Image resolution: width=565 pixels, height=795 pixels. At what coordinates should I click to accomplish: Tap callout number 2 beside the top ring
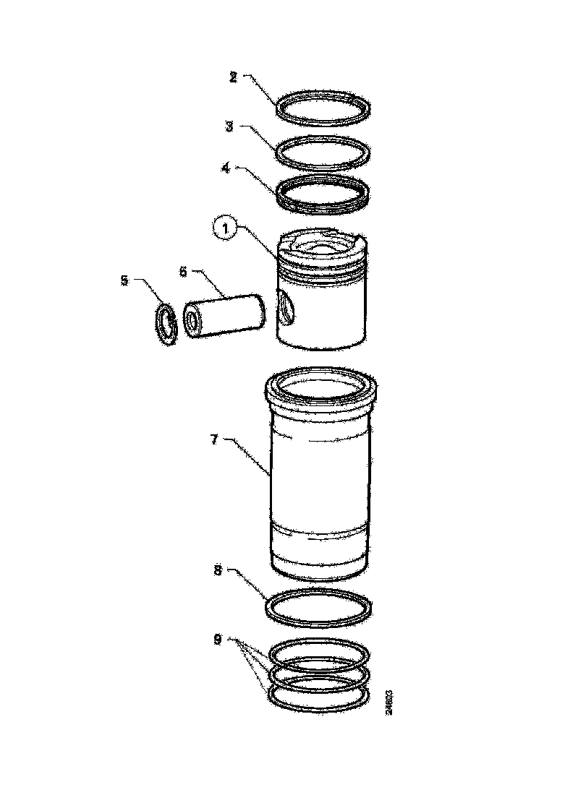pyautogui.click(x=233, y=77)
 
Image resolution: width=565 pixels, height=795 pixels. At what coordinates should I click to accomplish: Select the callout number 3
pyautogui.click(x=229, y=126)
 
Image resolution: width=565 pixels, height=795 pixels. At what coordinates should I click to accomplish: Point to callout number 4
pyautogui.click(x=226, y=168)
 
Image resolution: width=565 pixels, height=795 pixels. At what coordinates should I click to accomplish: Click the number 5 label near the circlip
pyautogui.click(x=124, y=279)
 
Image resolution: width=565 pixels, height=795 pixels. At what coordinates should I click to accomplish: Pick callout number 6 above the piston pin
pyautogui.click(x=183, y=271)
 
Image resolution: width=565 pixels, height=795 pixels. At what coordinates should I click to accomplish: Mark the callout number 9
pyautogui.click(x=218, y=639)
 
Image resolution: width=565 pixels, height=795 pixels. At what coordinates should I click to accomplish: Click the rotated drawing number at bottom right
pyautogui.click(x=390, y=701)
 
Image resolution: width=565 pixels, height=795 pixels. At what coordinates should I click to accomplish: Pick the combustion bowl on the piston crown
pyautogui.click(x=322, y=246)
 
